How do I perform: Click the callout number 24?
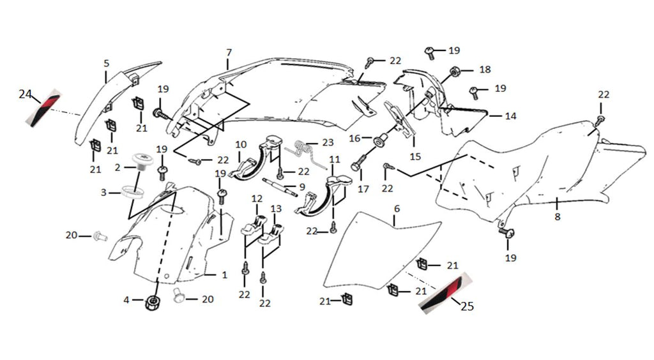pos(25,94)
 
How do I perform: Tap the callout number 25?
pos(467,307)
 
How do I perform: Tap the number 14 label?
pos(510,117)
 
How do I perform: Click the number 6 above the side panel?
pos(397,209)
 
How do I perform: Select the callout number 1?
pos(224,275)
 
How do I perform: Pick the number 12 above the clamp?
pos(257,200)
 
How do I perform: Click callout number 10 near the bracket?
pos(241,144)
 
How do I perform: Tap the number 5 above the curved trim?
pos(107,63)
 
